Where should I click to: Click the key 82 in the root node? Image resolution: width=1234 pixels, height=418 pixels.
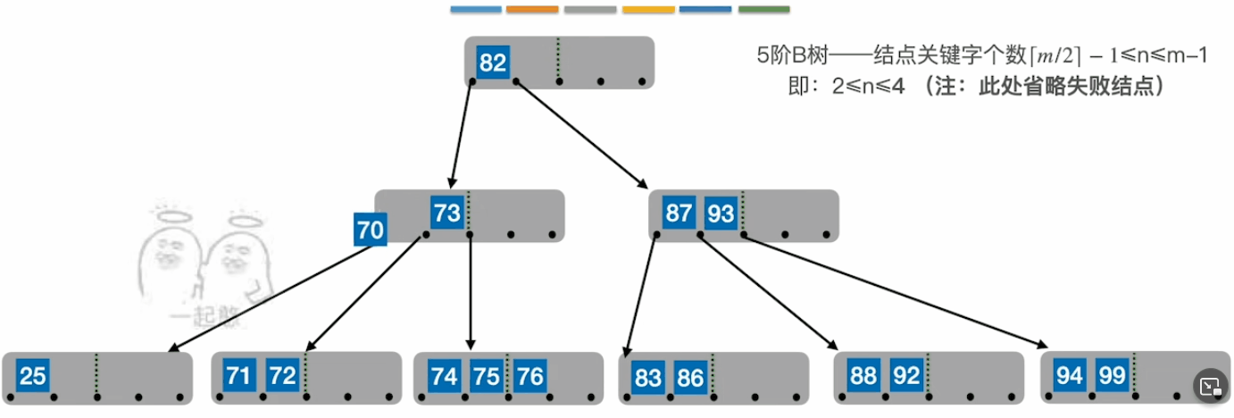493,63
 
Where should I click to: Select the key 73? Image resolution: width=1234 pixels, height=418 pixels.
447,213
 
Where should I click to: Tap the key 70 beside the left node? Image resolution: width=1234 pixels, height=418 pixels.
371,230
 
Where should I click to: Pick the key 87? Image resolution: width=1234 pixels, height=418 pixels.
679,213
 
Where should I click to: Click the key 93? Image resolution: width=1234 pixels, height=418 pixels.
721,213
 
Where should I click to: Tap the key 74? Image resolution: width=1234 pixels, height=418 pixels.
444,376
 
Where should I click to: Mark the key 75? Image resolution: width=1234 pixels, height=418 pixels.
487,376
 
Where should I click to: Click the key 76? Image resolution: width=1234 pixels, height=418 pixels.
529,376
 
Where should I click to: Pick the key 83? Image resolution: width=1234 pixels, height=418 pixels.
647,377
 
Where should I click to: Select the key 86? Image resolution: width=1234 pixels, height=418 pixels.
690,377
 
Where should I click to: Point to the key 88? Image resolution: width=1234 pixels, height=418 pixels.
863,376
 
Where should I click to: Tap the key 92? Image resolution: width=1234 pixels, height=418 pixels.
906,376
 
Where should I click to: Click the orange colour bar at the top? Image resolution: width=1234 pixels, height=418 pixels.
532,10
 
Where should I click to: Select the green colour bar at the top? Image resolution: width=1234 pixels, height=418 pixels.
763,10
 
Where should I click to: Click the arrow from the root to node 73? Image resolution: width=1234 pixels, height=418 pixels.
462,135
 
